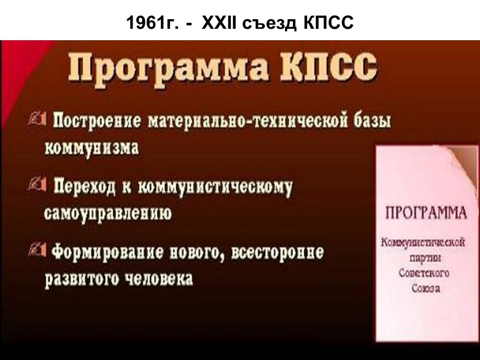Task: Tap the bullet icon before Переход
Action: click(35, 187)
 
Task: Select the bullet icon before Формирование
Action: click(35, 251)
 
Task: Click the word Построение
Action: click(97, 121)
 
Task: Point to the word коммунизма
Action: click(92, 148)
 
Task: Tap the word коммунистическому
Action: click(215, 188)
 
